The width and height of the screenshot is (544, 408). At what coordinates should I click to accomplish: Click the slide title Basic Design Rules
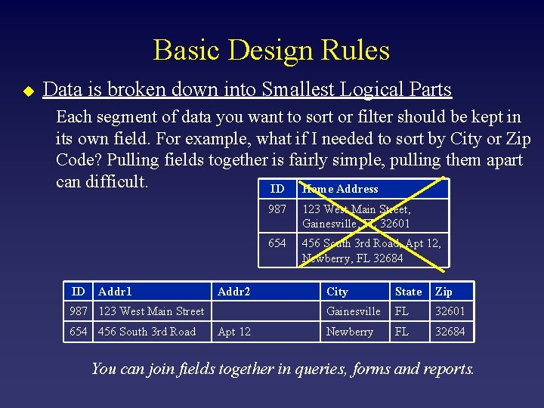tap(271, 51)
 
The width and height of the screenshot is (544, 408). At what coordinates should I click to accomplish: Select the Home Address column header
tap(340, 189)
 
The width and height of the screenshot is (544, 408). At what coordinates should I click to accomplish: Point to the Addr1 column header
tap(115, 292)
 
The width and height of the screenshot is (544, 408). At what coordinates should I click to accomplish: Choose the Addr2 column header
tap(233, 292)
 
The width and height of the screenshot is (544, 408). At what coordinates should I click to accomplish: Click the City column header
tap(337, 292)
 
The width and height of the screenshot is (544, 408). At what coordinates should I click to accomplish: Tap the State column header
tap(409, 292)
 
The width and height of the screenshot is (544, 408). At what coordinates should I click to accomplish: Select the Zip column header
tap(444, 292)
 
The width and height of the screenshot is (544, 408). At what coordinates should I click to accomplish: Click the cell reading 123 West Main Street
tap(151, 311)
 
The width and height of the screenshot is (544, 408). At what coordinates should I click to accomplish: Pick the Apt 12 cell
tap(234, 332)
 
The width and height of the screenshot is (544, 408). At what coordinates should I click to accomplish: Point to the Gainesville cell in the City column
tap(353, 311)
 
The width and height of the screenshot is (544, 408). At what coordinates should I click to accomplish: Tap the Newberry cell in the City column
tap(350, 332)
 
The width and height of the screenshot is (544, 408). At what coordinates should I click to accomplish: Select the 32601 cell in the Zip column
tap(450, 311)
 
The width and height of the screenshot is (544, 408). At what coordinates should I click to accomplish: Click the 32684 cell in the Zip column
tap(450, 332)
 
